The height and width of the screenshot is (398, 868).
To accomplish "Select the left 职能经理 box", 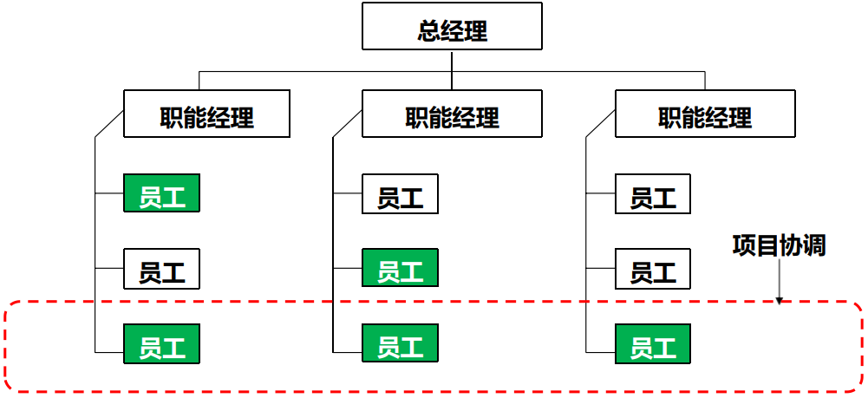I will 206,114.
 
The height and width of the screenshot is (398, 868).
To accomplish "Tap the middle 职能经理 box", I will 452,114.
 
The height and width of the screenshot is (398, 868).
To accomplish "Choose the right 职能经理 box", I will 705,114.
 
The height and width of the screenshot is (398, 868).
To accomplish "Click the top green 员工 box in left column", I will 162,194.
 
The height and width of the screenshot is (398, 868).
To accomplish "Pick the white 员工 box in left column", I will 162,269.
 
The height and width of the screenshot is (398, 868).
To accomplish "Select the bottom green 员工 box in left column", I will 162,343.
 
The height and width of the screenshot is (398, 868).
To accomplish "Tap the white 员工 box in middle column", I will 400,194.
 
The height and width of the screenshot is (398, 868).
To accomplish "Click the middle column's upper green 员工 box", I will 400,269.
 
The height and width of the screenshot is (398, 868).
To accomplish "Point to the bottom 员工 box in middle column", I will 400,343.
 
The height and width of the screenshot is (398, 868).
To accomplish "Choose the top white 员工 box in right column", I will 653,194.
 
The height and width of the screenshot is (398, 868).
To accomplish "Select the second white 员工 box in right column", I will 653,269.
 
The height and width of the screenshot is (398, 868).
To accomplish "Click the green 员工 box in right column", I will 653,343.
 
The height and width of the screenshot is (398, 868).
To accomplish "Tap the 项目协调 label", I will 779,245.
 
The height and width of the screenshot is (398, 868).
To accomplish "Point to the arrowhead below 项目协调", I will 779,300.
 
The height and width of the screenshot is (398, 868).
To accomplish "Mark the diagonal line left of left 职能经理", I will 108,124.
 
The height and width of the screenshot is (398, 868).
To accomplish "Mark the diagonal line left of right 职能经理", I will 600,124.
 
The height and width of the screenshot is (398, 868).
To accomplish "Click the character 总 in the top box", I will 428,31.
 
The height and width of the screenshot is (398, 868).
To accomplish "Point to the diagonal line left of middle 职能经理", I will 347,124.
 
